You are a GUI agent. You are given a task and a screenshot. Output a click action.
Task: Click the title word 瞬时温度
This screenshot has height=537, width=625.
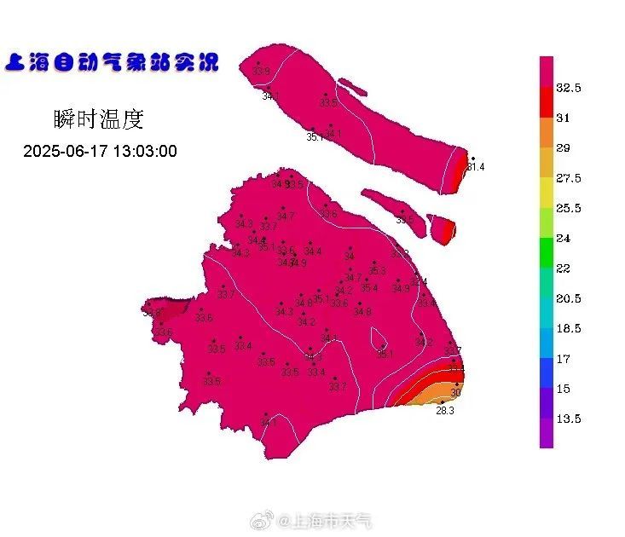(97, 119)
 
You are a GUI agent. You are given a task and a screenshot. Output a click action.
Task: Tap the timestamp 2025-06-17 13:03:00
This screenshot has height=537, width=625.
(100, 152)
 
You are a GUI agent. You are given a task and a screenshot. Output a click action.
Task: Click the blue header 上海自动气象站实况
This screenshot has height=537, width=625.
(112, 61)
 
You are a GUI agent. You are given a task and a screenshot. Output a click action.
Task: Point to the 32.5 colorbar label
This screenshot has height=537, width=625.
(569, 88)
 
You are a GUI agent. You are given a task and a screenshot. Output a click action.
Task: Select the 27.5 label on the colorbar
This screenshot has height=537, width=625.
(569, 178)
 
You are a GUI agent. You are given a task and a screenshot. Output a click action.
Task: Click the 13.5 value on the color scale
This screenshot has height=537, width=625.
(569, 419)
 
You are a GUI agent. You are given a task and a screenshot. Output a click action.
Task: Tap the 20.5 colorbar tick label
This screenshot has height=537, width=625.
(569, 298)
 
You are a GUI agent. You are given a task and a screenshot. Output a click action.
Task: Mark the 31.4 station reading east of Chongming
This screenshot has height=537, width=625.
(476, 167)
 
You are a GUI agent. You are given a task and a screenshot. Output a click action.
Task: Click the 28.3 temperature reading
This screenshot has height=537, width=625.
(445, 410)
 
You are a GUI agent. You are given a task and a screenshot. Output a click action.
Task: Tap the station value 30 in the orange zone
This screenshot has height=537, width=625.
(455, 393)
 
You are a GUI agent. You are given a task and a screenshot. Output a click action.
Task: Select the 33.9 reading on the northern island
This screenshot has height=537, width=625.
(261, 71)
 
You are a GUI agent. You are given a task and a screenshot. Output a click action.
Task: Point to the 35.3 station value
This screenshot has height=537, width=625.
(377, 271)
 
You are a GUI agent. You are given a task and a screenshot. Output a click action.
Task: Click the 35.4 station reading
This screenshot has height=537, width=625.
(368, 288)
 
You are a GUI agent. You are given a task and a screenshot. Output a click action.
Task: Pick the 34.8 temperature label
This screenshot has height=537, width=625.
(362, 312)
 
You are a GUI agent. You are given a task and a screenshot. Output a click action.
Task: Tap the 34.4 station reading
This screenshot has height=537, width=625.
(312, 251)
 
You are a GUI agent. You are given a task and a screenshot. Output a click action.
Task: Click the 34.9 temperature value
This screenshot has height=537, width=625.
(298, 263)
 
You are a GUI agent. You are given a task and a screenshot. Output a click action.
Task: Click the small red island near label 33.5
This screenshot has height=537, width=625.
(443, 229)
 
